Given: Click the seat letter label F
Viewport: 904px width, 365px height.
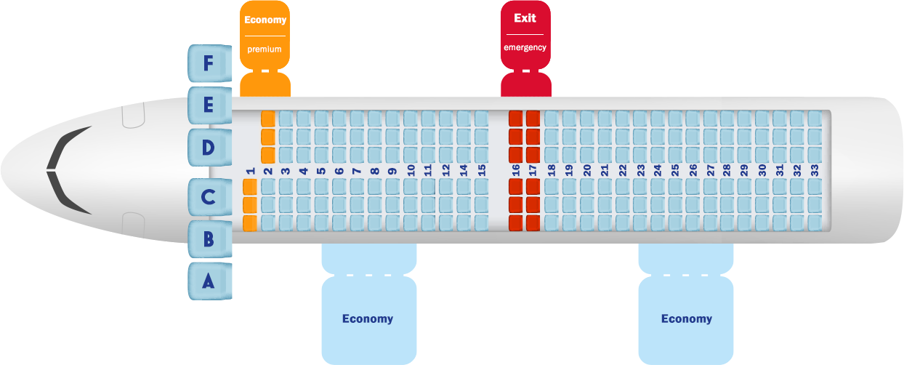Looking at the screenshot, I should point(209,64).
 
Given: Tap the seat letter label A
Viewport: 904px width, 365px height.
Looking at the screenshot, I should point(209,281).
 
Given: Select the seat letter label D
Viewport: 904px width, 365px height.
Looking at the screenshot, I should point(209,148).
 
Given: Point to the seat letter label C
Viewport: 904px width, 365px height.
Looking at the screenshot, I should point(209,196).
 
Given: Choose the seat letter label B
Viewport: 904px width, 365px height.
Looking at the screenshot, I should point(209,238).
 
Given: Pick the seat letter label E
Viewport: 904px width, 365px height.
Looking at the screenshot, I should point(209,105).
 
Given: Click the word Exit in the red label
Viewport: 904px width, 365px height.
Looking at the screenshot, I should point(525,18).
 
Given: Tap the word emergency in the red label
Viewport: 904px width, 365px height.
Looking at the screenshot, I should point(525,48).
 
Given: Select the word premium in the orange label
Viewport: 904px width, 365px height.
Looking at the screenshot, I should point(265,49).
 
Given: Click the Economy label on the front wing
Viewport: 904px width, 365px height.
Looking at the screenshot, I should point(368,318).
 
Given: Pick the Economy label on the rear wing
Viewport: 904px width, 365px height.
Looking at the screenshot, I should point(686,318).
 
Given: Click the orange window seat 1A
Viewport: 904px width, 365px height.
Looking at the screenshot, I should point(250,222).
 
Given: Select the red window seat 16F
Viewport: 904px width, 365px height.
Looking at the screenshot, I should point(516,118).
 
